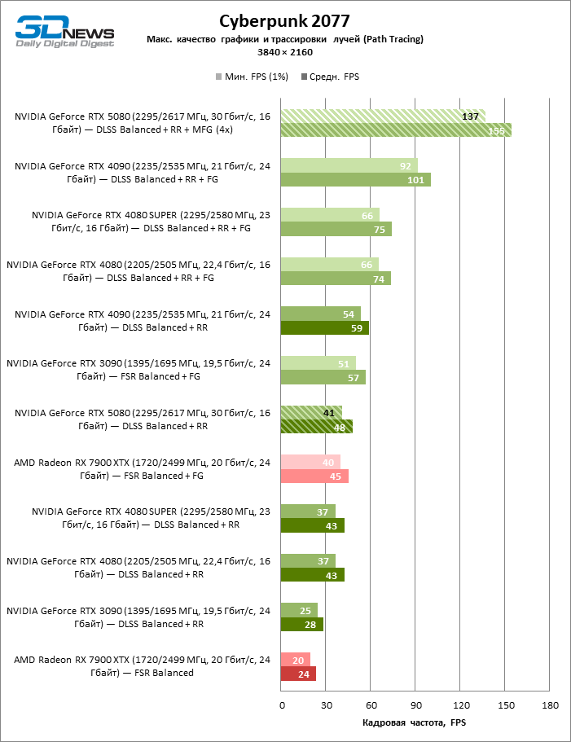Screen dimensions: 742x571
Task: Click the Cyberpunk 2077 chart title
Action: tap(285, 20)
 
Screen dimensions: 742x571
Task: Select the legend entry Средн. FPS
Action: tap(331, 77)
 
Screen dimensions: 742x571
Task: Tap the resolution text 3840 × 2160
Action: tap(285, 52)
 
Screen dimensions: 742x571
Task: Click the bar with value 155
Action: tap(396, 130)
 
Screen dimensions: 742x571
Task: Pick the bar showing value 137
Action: tap(383, 116)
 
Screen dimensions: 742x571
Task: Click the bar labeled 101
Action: tap(355, 180)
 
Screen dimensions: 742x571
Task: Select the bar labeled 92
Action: tap(349, 165)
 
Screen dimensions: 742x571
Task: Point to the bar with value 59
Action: tap(324, 328)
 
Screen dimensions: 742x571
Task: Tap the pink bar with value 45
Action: tap(314, 476)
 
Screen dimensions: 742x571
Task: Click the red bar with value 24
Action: tap(298, 674)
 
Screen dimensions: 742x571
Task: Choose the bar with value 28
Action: tap(301, 625)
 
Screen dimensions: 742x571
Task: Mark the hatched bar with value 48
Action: tap(316, 427)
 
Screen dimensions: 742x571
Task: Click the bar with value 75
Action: tap(336, 230)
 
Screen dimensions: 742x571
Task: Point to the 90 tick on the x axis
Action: tap(415, 705)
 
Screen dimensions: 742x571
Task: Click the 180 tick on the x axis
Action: tap(550, 705)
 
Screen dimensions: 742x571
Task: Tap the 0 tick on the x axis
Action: tap(281, 705)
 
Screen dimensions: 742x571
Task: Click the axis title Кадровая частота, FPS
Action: tap(415, 722)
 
